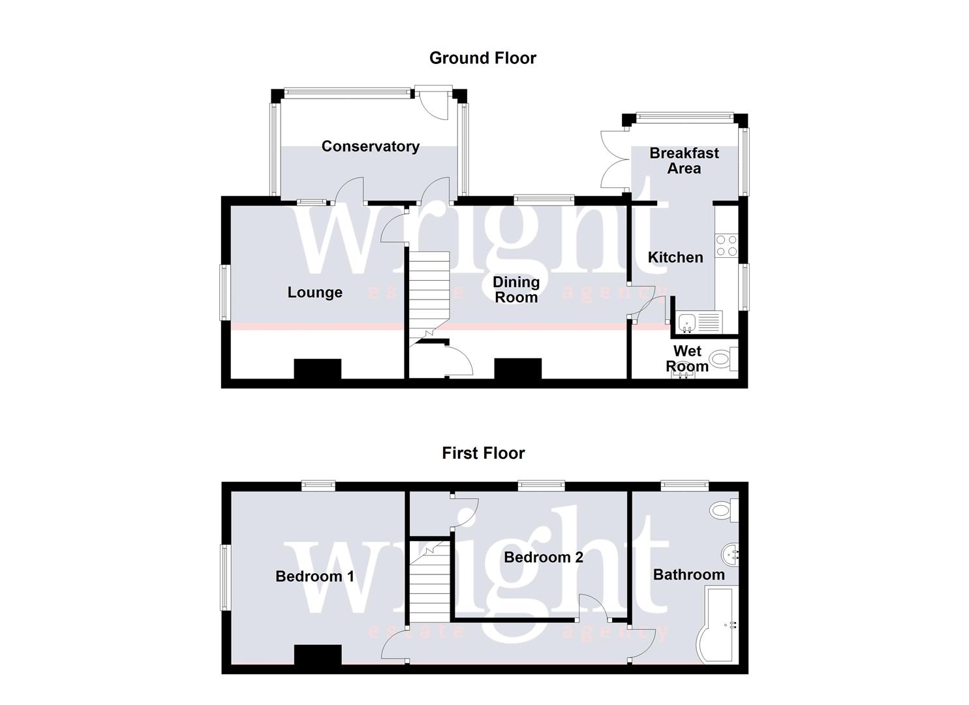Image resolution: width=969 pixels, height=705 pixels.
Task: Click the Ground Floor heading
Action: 482,58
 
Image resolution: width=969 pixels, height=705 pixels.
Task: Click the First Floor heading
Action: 483,453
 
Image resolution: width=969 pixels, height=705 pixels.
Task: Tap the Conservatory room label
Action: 370,146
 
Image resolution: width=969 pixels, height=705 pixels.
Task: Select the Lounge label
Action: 315,292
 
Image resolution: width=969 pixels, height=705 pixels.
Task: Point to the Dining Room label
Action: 515,290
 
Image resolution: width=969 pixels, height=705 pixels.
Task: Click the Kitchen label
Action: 675,257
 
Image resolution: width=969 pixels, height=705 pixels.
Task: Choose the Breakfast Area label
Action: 684,161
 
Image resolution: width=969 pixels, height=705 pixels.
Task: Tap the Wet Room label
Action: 687,358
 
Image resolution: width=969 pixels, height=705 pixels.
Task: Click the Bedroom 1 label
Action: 315,576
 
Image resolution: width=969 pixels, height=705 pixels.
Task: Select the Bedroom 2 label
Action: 544,557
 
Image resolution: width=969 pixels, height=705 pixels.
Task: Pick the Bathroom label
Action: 688,574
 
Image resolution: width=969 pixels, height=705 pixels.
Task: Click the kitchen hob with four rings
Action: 726,245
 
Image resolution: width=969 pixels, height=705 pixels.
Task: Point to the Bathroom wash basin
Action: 731,556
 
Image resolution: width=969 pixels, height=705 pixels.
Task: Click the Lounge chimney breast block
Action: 318,369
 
